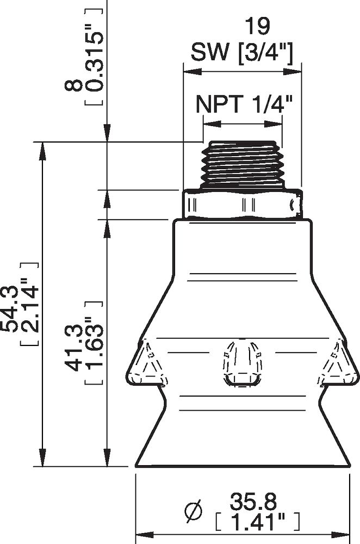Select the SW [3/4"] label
click(x=243, y=53)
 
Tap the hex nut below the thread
click(x=242, y=205)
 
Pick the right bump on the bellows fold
click(x=338, y=361)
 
